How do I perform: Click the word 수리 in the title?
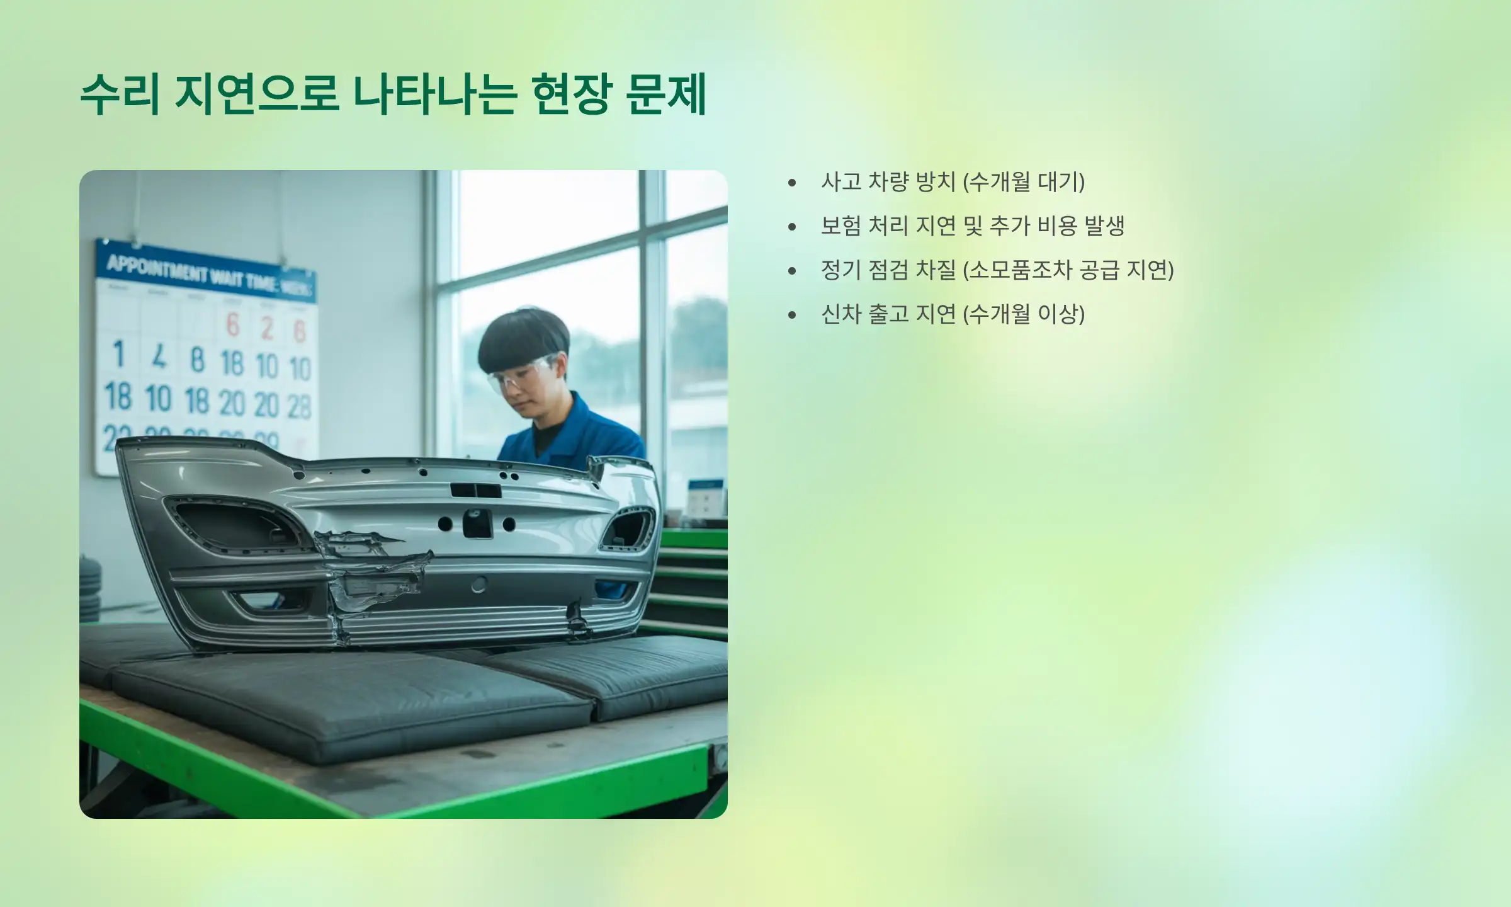coord(120,94)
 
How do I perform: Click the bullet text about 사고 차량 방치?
coord(953,182)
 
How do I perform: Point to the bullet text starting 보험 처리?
coord(972,226)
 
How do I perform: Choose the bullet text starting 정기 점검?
coord(997,270)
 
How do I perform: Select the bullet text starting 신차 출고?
coord(953,314)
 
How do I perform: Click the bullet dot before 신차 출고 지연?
coord(792,315)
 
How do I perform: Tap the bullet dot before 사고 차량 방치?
coord(792,183)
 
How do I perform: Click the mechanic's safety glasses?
coord(519,376)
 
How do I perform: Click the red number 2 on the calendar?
coord(267,328)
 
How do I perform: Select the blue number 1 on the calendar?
coord(118,354)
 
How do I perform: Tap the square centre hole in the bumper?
coord(477,523)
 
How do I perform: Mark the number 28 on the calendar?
coord(300,406)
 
